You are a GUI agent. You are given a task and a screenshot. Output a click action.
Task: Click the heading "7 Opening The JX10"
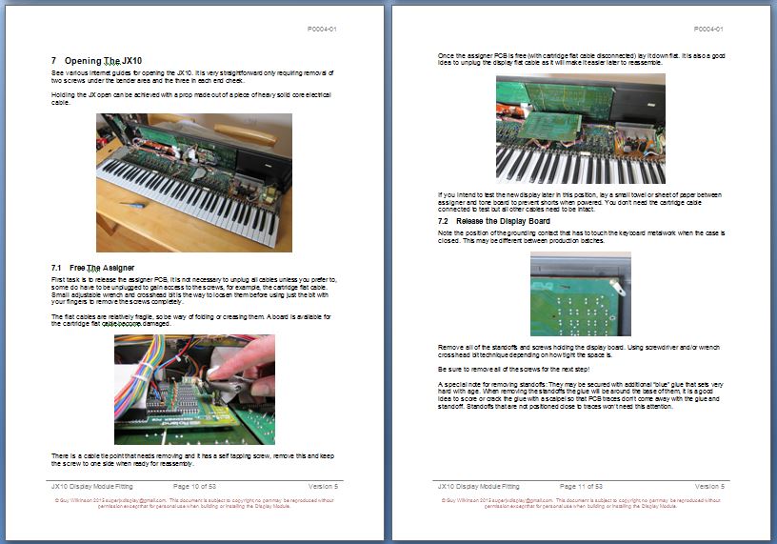click(x=96, y=60)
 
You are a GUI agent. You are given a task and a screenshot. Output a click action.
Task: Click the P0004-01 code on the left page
click(x=322, y=29)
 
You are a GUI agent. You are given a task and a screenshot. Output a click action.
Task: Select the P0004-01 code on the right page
click(x=709, y=29)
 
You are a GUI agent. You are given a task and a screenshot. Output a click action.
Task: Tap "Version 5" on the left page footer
click(x=322, y=486)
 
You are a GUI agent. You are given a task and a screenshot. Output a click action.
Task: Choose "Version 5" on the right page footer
click(x=709, y=486)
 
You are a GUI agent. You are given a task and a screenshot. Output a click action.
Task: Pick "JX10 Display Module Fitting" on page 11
click(x=475, y=486)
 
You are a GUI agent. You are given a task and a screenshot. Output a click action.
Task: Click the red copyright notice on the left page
click(x=194, y=502)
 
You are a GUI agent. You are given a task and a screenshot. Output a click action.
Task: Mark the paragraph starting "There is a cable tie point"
click(x=194, y=460)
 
